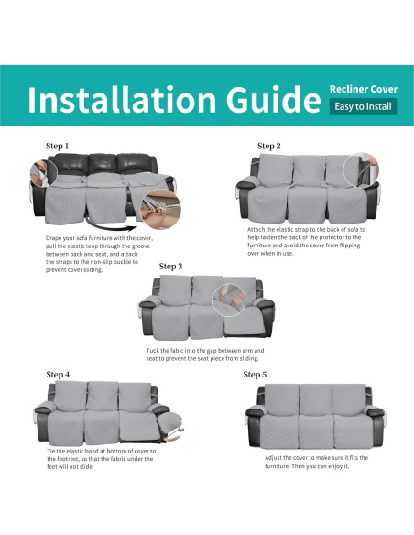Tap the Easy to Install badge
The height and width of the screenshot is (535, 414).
tap(364, 107)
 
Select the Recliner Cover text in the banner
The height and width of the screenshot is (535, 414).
tap(364, 89)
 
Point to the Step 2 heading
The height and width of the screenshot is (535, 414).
tap(268, 146)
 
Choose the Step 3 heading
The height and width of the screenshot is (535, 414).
tap(171, 266)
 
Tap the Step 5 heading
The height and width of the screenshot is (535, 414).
tap(256, 374)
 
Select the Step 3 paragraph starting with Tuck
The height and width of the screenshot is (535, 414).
tap(205, 355)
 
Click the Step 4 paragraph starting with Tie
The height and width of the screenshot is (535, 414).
tap(101, 456)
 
